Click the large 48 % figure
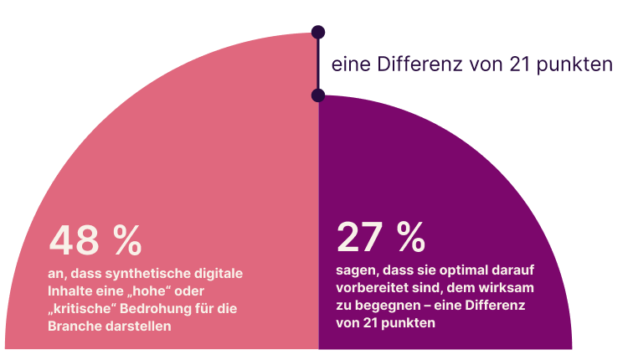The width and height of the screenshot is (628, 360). tap(95, 240)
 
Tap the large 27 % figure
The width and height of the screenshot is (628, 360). tap(381, 238)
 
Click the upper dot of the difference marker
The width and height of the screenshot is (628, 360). tap(317, 32)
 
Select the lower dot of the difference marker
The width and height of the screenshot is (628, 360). tap(317, 95)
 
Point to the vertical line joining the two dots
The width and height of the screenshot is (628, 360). tap(317, 64)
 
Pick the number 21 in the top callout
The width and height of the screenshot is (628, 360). tap(522, 64)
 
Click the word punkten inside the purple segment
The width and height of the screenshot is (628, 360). tap(411, 323)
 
